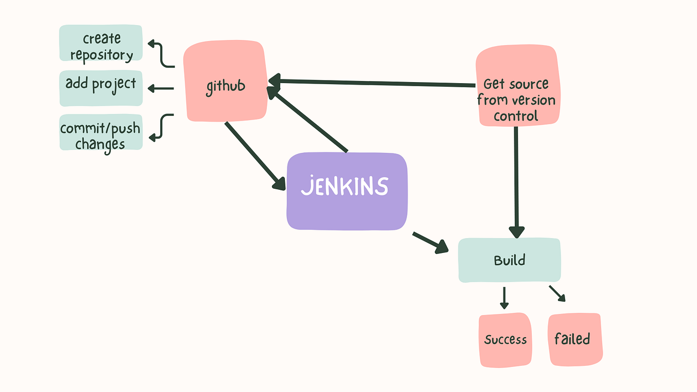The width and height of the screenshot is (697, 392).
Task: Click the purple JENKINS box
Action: point(346,191)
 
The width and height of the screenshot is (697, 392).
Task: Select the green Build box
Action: point(509,260)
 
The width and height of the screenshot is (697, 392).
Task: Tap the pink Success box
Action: point(505,340)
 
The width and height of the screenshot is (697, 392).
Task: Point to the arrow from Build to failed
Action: point(557,293)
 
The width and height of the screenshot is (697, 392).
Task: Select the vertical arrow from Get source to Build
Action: point(516,180)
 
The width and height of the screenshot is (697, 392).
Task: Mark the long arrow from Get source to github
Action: point(375,83)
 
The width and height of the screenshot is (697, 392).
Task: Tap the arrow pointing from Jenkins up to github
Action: point(308,120)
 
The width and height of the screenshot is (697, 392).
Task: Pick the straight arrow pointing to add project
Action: point(161,89)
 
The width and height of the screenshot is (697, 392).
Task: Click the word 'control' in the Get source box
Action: point(516,116)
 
